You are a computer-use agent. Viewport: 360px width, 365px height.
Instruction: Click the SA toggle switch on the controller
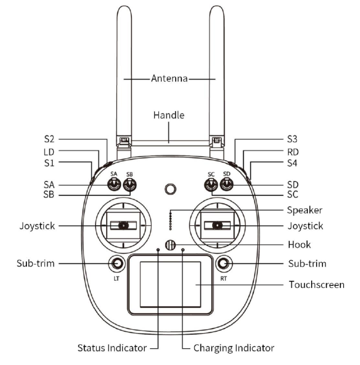[x=114, y=185]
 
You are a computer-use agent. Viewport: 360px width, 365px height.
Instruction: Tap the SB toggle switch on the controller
[x=130, y=185]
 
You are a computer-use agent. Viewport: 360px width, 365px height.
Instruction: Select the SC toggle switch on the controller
[x=211, y=185]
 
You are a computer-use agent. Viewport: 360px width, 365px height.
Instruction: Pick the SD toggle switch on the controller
[x=226, y=185]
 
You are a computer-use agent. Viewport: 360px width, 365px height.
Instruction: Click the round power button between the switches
[x=171, y=189]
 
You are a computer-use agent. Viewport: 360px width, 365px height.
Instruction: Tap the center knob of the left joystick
[x=124, y=225]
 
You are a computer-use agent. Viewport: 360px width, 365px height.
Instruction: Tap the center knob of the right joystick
[x=217, y=225]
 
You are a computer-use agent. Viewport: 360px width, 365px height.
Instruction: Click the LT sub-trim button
[x=117, y=263]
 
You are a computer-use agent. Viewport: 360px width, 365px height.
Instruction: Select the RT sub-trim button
[x=224, y=263]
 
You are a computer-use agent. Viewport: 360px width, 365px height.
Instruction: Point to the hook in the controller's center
[x=171, y=245]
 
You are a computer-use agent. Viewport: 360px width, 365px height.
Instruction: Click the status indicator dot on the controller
[x=158, y=249]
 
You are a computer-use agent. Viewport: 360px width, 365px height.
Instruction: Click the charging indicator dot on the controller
[x=183, y=250]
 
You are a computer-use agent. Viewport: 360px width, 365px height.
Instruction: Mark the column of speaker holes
[x=171, y=221]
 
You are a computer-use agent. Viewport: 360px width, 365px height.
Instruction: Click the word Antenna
[x=169, y=79]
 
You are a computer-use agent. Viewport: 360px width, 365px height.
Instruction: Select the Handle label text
[x=169, y=115]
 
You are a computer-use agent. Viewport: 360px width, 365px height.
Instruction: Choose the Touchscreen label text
[x=316, y=285]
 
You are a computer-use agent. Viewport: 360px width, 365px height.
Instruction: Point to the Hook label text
[x=299, y=245]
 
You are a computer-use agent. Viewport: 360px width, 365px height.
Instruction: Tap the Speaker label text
[x=304, y=210]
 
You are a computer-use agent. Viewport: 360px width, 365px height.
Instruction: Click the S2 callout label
[x=49, y=139]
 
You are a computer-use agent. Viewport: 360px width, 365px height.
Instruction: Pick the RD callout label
[x=293, y=152]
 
